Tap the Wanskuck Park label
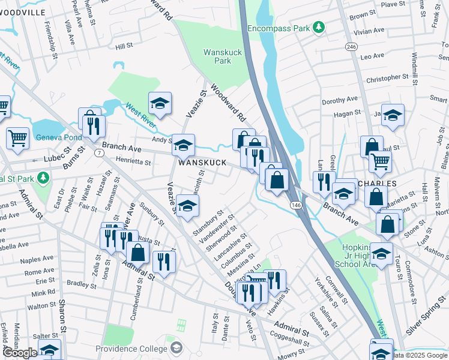[x=223, y=56]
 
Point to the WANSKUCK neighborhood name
[x=202, y=163]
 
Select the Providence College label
[x=131, y=349]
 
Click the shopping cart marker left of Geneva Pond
[x=17, y=138]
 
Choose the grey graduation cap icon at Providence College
[x=176, y=348]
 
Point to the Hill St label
[x=124, y=46]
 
